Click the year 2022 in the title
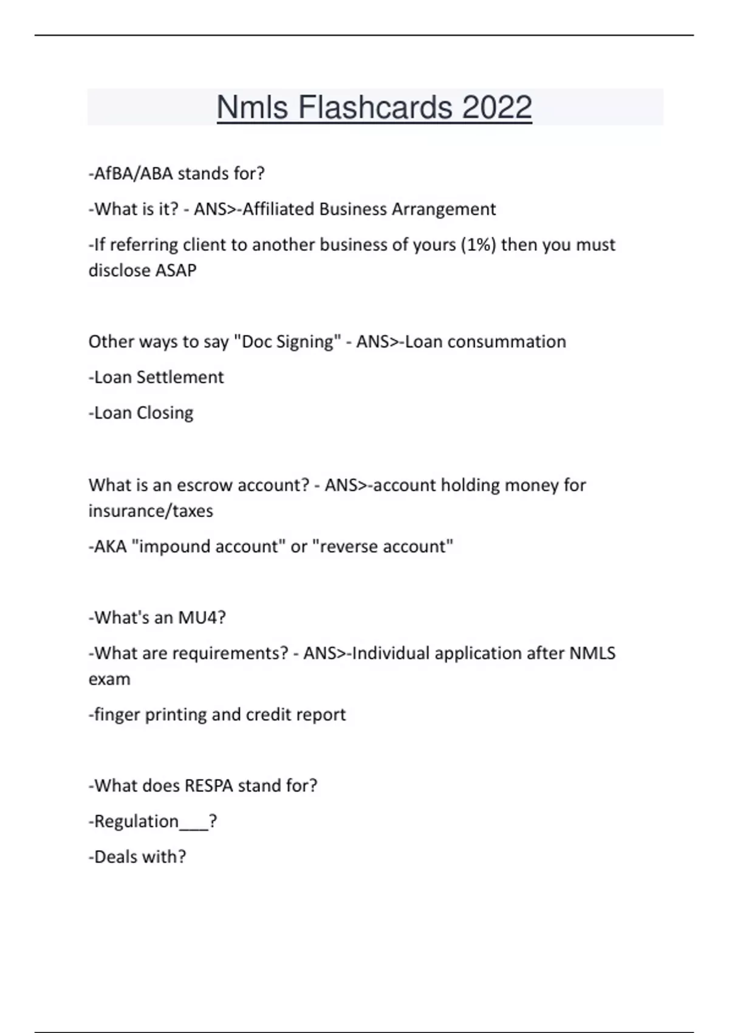click(496, 108)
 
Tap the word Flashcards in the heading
click(374, 108)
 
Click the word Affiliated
click(278, 209)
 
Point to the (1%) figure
click(478, 244)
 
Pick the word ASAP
click(176, 270)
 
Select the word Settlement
click(180, 377)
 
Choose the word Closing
click(165, 413)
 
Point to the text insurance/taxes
click(151, 511)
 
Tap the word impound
click(175, 546)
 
